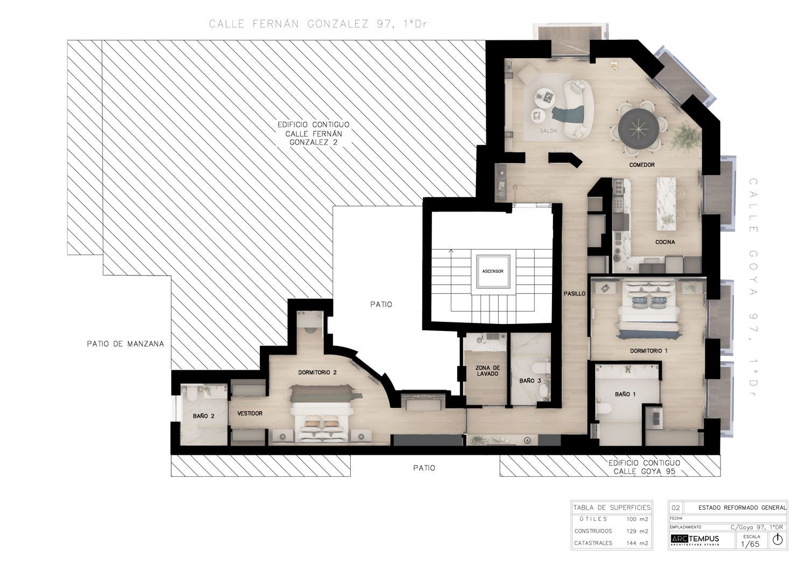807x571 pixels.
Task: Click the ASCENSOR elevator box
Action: click(x=492, y=271)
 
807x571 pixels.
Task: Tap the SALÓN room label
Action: click(x=548, y=131)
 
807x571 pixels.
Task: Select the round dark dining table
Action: click(x=639, y=128)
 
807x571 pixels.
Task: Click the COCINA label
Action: click(x=665, y=242)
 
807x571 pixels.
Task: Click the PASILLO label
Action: click(x=575, y=294)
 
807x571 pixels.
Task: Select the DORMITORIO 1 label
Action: click(x=649, y=350)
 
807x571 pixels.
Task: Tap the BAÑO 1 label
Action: click(x=625, y=394)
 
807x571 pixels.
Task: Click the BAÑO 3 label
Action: click(x=530, y=380)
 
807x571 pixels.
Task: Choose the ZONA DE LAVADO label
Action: click(x=487, y=371)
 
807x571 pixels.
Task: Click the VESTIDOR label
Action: click(x=250, y=413)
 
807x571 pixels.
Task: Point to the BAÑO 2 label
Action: click(x=204, y=415)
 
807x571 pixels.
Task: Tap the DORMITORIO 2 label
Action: click(x=317, y=372)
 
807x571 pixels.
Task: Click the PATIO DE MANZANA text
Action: click(x=125, y=343)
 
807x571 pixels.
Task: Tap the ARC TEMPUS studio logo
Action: click(x=695, y=540)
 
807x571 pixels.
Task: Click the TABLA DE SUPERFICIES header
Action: click(x=612, y=507)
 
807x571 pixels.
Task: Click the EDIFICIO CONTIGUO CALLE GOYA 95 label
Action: click(x=644, y=467)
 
